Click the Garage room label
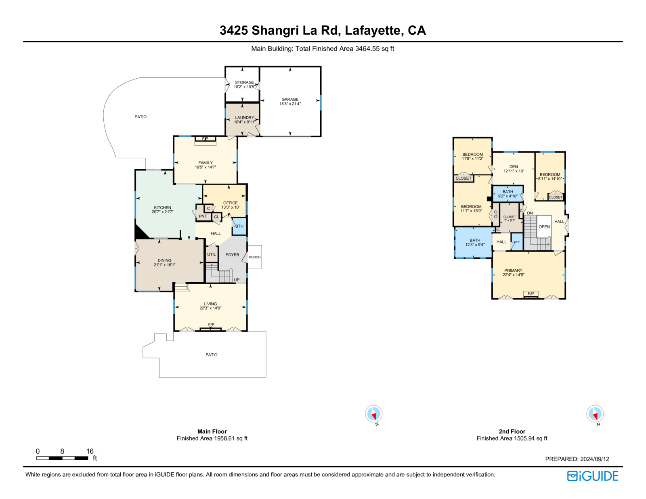pos(290,99)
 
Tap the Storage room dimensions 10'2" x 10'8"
pos(244,87)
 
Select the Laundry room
pos(243,120)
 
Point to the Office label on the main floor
pos(231,203)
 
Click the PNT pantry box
pos(203,217)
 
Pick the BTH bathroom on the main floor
pos(239,226)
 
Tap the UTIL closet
pos(212,254)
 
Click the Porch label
pos(254,257)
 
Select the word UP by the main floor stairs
pos(237,280)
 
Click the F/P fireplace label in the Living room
pos(211,325)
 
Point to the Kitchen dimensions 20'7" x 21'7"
pos(162,212)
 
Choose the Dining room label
pos(164,260)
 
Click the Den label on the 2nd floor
pos(514,167)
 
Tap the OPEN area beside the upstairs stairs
pos(544,227)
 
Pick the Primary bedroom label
pos(513,270)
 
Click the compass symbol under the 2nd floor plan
pos(595,414)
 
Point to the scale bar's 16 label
pos(90,451)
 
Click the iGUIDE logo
pos(592,476)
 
